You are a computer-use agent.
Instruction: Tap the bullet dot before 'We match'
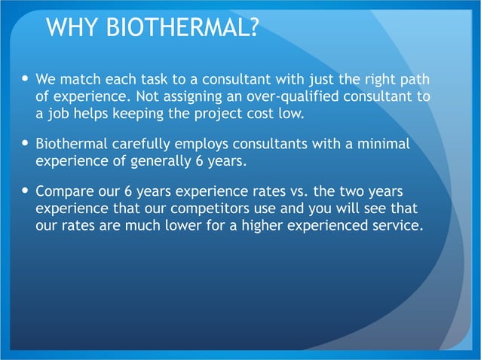click(26, 79)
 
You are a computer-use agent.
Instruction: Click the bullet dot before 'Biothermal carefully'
click(26, 143)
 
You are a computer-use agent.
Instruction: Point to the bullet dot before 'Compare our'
click(26, 190)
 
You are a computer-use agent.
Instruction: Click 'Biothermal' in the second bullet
click(71, 143)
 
